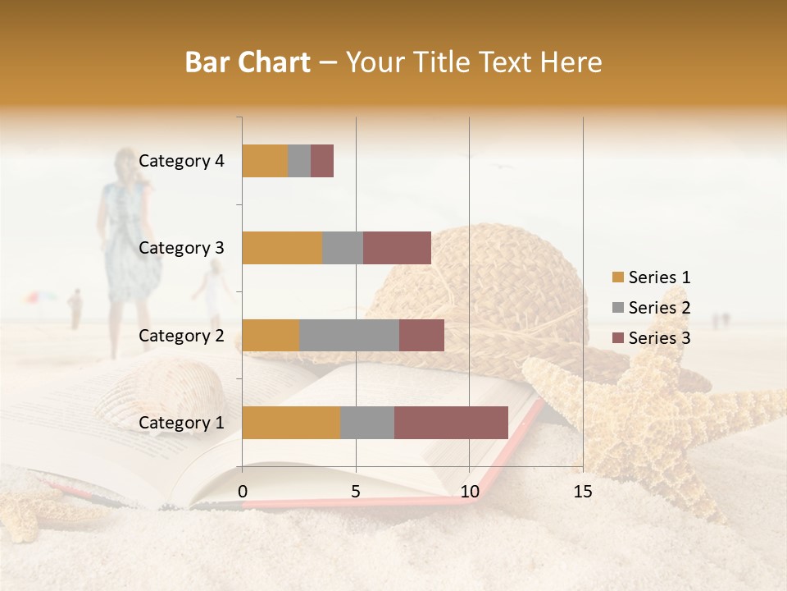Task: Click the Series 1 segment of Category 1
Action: point(291,423)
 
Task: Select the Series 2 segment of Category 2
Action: point(349,335)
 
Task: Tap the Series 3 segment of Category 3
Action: point(397,248)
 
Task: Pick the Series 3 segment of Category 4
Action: point(322,161)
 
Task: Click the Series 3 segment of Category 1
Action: point(451,423)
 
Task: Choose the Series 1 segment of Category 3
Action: point(282,248)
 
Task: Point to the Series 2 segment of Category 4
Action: point(299,161)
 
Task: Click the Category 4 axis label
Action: point(181,161)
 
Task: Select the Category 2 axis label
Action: point(181,335)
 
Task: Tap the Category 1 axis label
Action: point(181,423)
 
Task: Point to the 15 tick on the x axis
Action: point(582,492)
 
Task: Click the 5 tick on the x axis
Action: point(356,492)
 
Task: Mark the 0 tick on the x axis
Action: point(243,492)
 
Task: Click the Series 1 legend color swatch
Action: point(617,277)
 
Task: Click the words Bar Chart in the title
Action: point(247,62)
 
